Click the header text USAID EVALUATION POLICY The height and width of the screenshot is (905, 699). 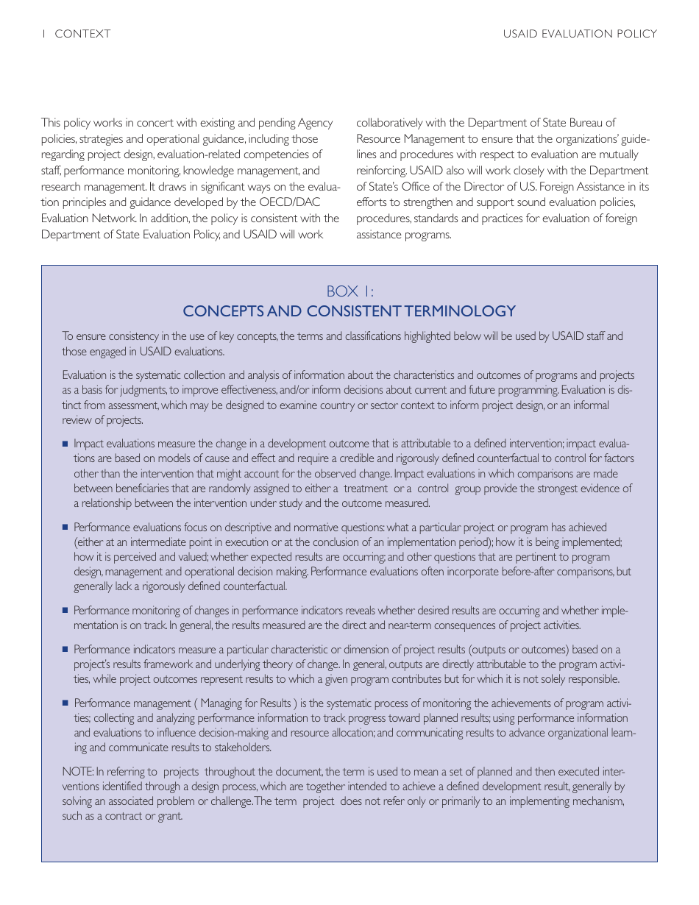(x=580, y=34)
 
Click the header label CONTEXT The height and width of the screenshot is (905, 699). (x=82, y=34)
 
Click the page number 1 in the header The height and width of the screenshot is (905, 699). (x=44, y=34)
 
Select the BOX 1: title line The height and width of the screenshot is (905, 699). (x=349, y=291)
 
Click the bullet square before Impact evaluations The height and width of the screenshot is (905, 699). (x=65, y=444)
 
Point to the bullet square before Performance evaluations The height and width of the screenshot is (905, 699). (x=65, y=527)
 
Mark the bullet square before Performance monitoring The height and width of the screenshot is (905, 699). (x=65, y=610)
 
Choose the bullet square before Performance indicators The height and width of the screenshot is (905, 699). (x=65, y=649)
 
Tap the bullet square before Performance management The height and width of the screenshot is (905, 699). (x=65, y=703)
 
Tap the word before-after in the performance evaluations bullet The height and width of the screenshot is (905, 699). (x=543, y=572)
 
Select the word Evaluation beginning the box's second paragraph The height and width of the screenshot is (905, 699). (x=84, y=375)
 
